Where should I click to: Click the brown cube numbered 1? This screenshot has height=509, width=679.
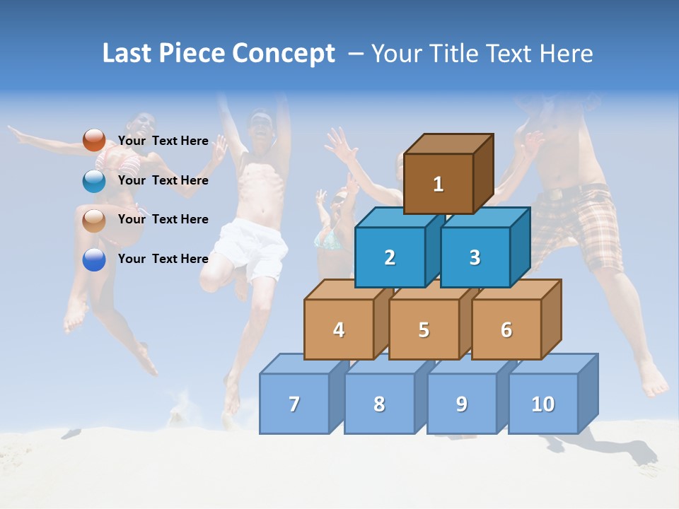point(439,184)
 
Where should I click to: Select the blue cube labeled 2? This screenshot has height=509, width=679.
point(390,257)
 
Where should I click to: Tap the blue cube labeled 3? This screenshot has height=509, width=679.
point(475,257)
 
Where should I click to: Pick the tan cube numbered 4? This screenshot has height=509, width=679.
point(339,329)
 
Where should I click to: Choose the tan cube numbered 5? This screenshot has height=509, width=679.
point(424,329)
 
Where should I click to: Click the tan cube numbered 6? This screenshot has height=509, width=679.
point(506,329)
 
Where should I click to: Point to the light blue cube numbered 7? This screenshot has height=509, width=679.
point(294,404)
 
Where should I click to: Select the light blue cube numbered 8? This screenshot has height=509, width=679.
point(379,404)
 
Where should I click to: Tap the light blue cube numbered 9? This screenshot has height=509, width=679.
point(461,404)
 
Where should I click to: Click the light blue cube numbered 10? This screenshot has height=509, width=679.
point(543,404)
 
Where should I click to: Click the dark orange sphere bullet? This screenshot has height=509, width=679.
point(94,141)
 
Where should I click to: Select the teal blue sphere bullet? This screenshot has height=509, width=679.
point(94,181)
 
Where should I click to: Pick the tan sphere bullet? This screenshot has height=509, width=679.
point(94,221)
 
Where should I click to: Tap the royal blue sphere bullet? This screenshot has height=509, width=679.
point(94,259)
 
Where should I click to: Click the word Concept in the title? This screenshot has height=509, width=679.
point(284,54)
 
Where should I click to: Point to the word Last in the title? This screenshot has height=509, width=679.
point(128,54)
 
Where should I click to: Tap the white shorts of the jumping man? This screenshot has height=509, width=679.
point(250,244)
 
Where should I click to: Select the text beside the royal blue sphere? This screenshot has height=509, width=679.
point(163,259)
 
